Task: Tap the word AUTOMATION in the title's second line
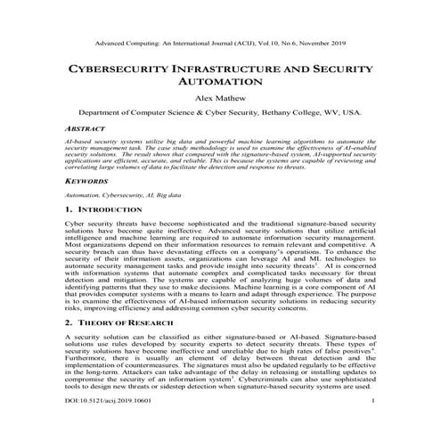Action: click(220, 82)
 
